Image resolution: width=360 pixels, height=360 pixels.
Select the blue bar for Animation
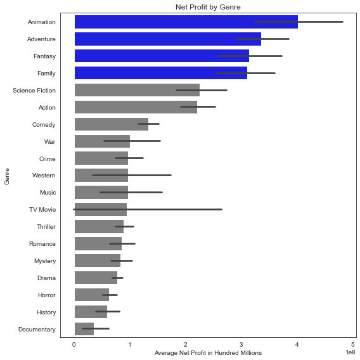click(184, 22)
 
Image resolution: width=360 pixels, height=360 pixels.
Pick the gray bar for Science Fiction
click(136, 91)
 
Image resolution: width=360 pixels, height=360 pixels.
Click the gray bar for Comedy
click(111, 125)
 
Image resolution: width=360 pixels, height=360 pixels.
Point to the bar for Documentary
click(84, 329)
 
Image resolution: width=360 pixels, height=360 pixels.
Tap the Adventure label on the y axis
click(42, 39)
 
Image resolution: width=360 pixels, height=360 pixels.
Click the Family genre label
click(46, 74)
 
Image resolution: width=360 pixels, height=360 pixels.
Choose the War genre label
click(49, 142)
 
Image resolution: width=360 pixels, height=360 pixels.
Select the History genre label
click(46, 312)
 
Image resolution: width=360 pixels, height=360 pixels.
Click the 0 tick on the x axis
click(74, 345)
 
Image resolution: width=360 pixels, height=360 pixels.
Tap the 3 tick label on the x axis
click(241, 345)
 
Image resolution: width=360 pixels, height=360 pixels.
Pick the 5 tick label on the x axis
click(352, 345)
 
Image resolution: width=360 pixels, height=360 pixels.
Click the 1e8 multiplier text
click(350, 351)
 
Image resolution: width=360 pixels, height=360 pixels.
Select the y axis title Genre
click(7, 176)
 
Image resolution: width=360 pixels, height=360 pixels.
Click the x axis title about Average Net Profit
click(208, 353)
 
